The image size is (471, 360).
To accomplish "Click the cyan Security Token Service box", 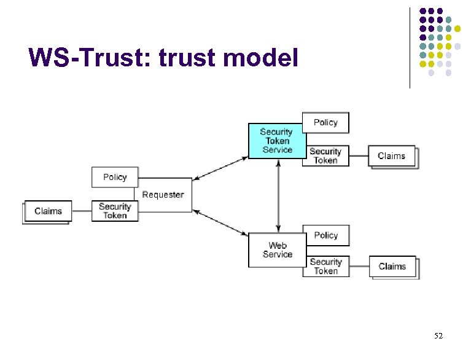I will [x=276, y=141].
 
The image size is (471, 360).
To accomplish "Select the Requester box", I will [x=163, y=195].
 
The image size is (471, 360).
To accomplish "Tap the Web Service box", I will [x=277, y=250].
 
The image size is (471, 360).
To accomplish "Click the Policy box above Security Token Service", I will [x=325, y=122].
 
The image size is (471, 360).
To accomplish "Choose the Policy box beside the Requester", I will [x=115, y=177].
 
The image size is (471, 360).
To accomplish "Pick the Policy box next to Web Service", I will [x=325, y=235].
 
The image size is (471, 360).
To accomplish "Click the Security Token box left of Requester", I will [x=115, y=211].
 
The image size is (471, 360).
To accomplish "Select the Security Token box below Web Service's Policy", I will [x=325, y=266].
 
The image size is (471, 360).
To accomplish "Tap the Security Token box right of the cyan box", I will [x=325, y=155].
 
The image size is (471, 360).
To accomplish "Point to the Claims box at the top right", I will [x=392, y=156].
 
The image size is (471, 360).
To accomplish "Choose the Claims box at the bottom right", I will [x=392, y=267].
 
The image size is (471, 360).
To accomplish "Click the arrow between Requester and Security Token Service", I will [x=220, y=168].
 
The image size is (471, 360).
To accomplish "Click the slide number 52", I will [x=438, y=336].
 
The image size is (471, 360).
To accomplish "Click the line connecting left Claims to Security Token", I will [x=82, y=211].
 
